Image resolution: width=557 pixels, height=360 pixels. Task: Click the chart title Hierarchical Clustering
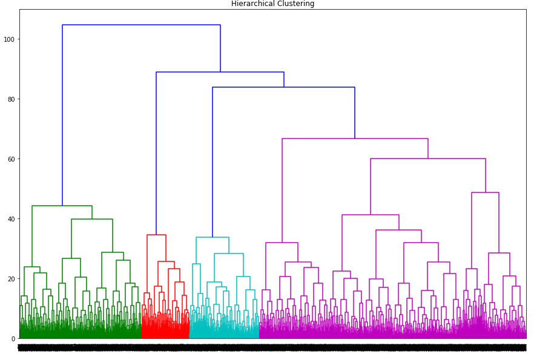[x=272, y=4]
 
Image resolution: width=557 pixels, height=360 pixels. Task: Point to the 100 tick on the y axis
[x=10, y=39]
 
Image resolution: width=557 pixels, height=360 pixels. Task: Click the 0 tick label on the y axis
[x=14, y=339]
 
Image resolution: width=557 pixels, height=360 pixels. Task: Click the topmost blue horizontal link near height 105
[x=141, y=25]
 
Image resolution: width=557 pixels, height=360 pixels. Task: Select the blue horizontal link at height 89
[x=220, y=72]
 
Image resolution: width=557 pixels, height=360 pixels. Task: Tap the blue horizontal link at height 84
[x=283, y=87]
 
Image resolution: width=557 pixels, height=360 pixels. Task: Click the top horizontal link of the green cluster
[x=62, y=206]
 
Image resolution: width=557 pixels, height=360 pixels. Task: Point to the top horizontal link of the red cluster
[x=156, y=235]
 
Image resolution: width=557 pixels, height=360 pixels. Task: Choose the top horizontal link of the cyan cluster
[x=213, y=237]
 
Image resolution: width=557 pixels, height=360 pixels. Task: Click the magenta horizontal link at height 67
[x=355, y=139]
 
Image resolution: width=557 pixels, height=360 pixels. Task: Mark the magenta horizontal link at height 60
[x=428, y=159]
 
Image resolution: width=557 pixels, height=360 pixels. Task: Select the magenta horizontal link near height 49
[x=485, y=192]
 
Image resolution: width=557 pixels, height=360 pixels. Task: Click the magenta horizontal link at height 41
[x=371, y=215]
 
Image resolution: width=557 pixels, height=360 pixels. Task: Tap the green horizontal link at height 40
[x=92, y=219]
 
